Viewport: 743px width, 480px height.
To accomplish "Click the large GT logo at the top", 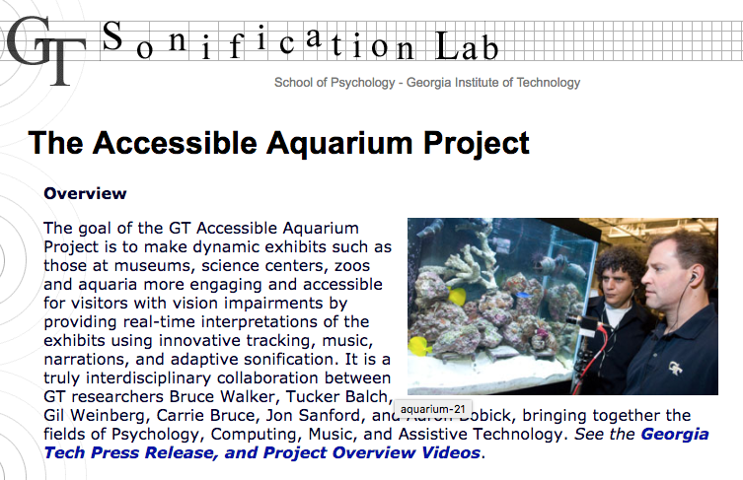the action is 46,50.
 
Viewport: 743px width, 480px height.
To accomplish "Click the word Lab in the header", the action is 467,46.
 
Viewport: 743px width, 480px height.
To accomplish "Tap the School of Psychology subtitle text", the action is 427,83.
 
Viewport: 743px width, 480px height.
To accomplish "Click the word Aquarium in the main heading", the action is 339,143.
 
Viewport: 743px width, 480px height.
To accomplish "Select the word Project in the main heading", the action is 477,143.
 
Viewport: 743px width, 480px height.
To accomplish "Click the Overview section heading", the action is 85,193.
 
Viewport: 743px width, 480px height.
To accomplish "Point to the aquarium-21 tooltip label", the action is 432,409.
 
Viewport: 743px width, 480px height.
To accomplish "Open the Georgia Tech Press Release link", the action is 376,444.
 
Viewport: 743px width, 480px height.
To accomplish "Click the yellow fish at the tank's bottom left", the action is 420,346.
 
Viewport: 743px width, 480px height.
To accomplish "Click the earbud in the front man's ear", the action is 693,278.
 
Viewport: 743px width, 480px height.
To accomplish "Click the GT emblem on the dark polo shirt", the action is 675,368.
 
